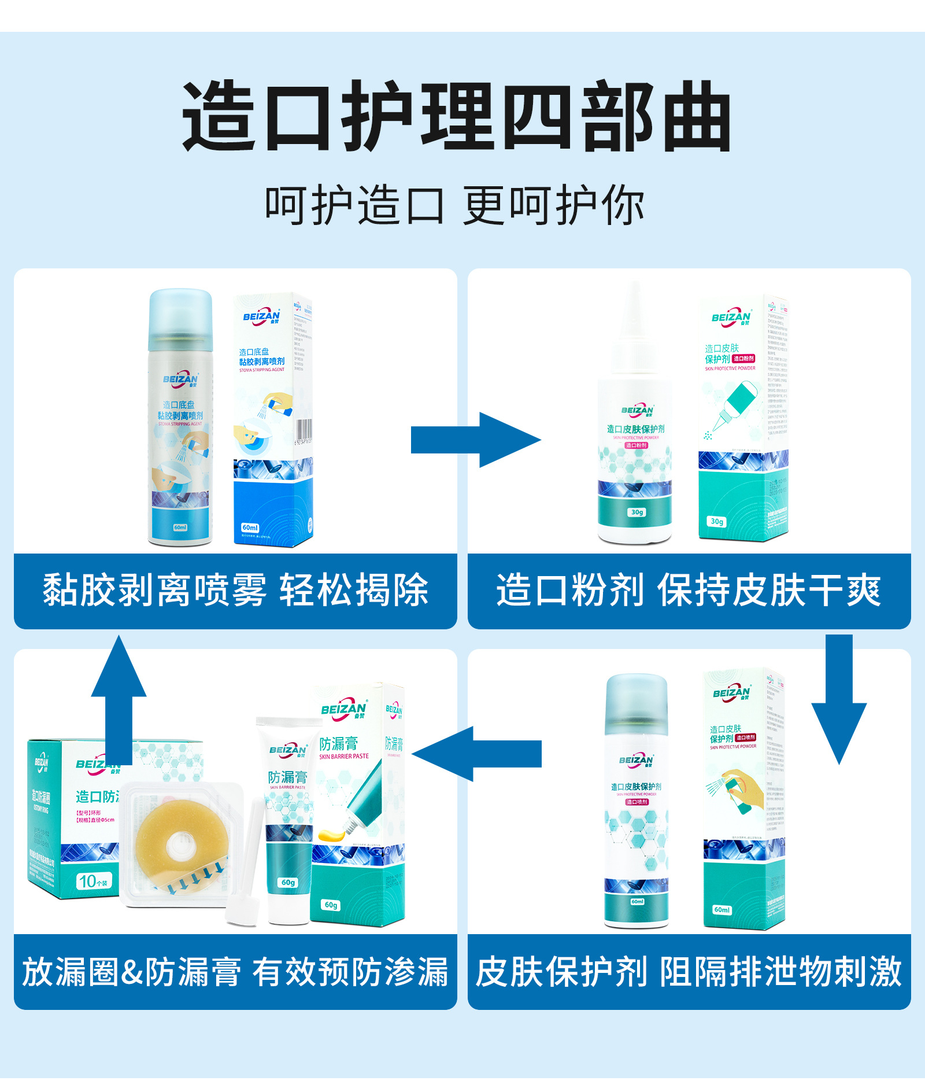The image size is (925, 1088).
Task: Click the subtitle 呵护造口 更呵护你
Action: click(455, 206)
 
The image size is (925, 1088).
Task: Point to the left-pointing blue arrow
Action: click(477, 754)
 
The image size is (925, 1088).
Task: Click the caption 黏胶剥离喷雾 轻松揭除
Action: click(235, 591)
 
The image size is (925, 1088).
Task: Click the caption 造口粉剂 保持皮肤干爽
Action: click(689, 591)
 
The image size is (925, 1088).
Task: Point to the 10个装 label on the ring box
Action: click(93, 882)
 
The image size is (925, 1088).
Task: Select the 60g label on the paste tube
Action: click(288, 883)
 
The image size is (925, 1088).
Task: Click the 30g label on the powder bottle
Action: click(637, 512)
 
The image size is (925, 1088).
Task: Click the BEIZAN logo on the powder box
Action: click(731, 317)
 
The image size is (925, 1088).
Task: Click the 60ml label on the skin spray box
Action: click(722, 910)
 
